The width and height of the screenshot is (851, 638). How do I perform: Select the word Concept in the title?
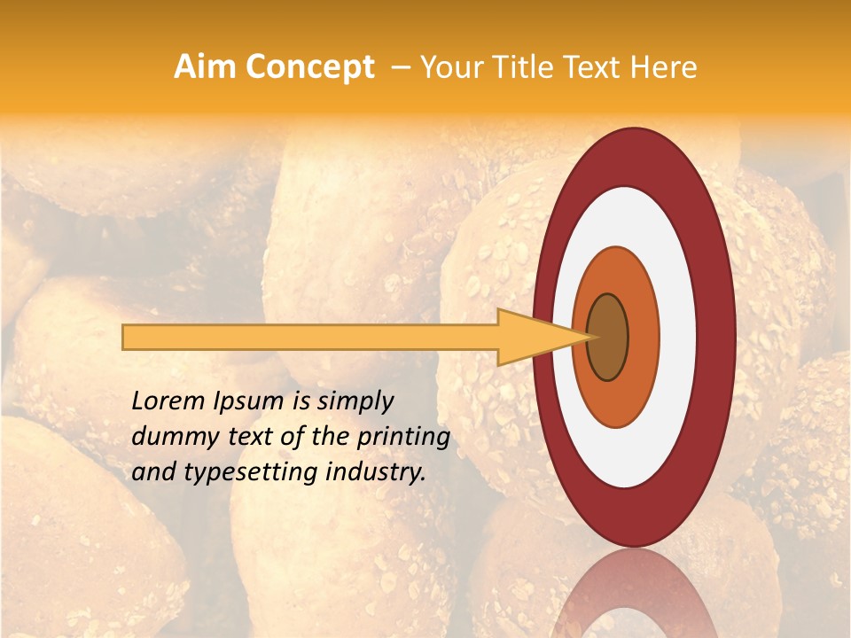(x=311, y=67)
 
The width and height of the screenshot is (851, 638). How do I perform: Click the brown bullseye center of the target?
(x=607, y=337)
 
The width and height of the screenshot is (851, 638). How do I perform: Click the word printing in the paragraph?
(x=403, y=438)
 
